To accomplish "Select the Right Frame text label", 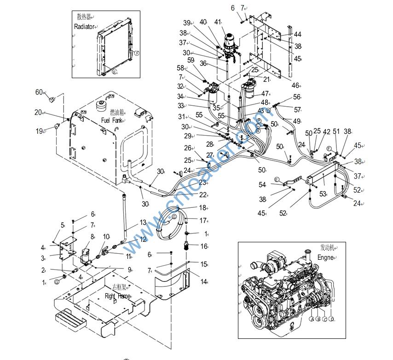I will tap(117, 297).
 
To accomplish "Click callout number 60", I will tap(39, 92).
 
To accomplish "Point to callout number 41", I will tap(218, 22).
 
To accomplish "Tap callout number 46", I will tap(295, 86).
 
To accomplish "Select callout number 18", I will tap(202, 208).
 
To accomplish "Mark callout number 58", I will tap(180, 68).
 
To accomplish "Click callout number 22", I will tap(203, 195).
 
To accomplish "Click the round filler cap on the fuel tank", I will tap(101, 105).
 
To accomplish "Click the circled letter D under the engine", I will tap(331, 319).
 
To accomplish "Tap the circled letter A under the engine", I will tap(312, 319).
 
